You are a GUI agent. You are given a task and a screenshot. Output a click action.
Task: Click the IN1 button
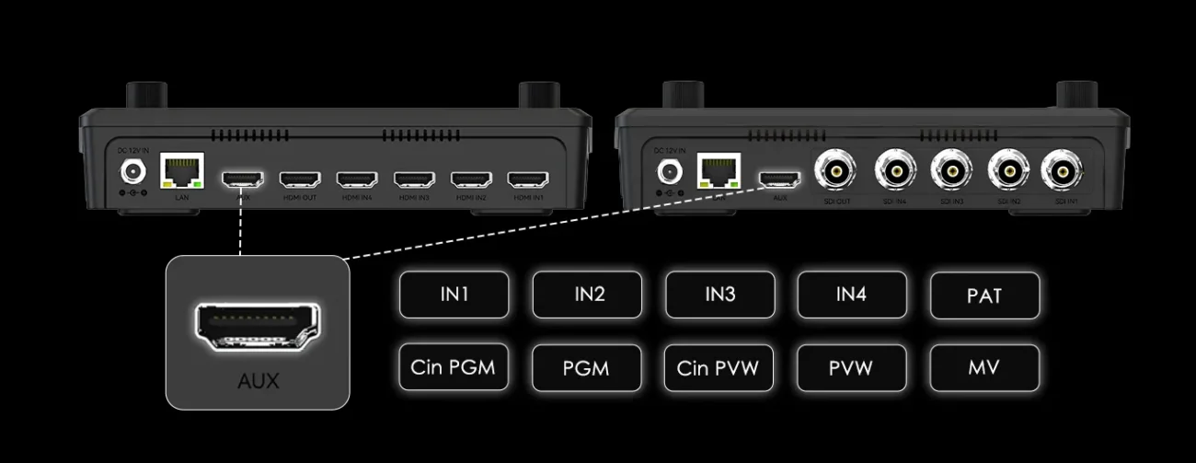click(454, 295)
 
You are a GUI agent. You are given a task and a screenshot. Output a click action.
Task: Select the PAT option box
click(984, 295)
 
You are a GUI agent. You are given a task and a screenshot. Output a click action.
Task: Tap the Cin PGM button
click(454, 367)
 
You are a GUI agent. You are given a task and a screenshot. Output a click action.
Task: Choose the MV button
click(984, 367)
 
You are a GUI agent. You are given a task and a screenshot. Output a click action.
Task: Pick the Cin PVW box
click(719, 367)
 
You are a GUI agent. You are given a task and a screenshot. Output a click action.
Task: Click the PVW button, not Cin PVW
click(851, 367)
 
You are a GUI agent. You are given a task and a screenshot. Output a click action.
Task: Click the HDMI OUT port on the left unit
click(299, 178)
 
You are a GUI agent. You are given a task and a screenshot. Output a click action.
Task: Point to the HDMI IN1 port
click(528, 178)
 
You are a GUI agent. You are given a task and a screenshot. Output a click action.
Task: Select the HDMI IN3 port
click(414, 178)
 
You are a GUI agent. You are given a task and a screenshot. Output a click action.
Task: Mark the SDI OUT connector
click(834, 170)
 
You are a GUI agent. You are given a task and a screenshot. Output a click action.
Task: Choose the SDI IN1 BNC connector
click(1062, 170)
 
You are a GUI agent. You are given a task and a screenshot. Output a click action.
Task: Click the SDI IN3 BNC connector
click(951, 170)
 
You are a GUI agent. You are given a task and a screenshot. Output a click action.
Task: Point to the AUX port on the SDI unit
click(779, 178)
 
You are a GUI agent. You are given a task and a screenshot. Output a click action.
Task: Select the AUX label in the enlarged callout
click(258, 380)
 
